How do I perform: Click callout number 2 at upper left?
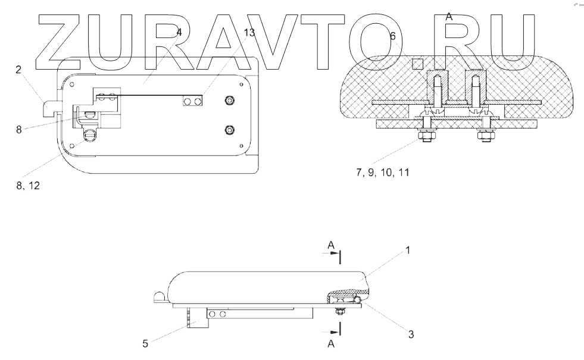(x=18, y=70)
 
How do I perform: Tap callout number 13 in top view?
(x=249, y=33)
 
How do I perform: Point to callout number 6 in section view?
(x=392, y=36)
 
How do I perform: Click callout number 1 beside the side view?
(x=407, y=251)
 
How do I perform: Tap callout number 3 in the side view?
(x=411, y=334)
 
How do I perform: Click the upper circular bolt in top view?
(x=230, y=102)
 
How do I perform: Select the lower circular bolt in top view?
(x=230, y=129)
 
